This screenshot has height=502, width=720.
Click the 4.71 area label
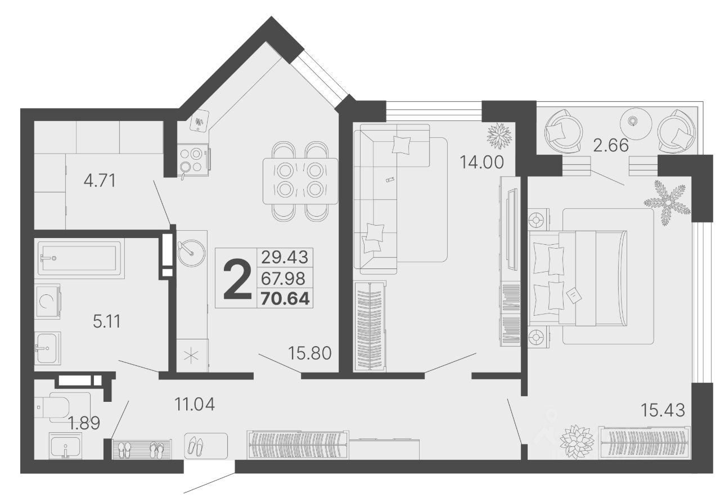tap(100, 181)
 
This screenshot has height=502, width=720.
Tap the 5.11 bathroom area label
tap(107, 321)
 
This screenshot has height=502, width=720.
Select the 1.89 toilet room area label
tap(84, 423)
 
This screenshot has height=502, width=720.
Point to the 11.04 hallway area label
tap(195, 404)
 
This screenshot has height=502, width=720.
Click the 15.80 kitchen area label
tap(310, 353)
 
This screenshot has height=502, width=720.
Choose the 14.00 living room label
tap(482, 162)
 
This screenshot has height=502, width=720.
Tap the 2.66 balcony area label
tap(611, 145)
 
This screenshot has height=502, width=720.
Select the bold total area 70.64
tap(285, 298)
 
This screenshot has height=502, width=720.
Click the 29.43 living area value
tap(285, 257)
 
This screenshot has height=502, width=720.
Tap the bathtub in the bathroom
tap(79, 258)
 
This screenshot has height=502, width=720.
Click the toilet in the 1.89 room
tap(52, 407)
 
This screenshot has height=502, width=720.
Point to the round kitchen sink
tap(191, 253)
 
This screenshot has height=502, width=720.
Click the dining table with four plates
tap(300, 181)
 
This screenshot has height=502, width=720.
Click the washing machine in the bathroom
tap(47, 301)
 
